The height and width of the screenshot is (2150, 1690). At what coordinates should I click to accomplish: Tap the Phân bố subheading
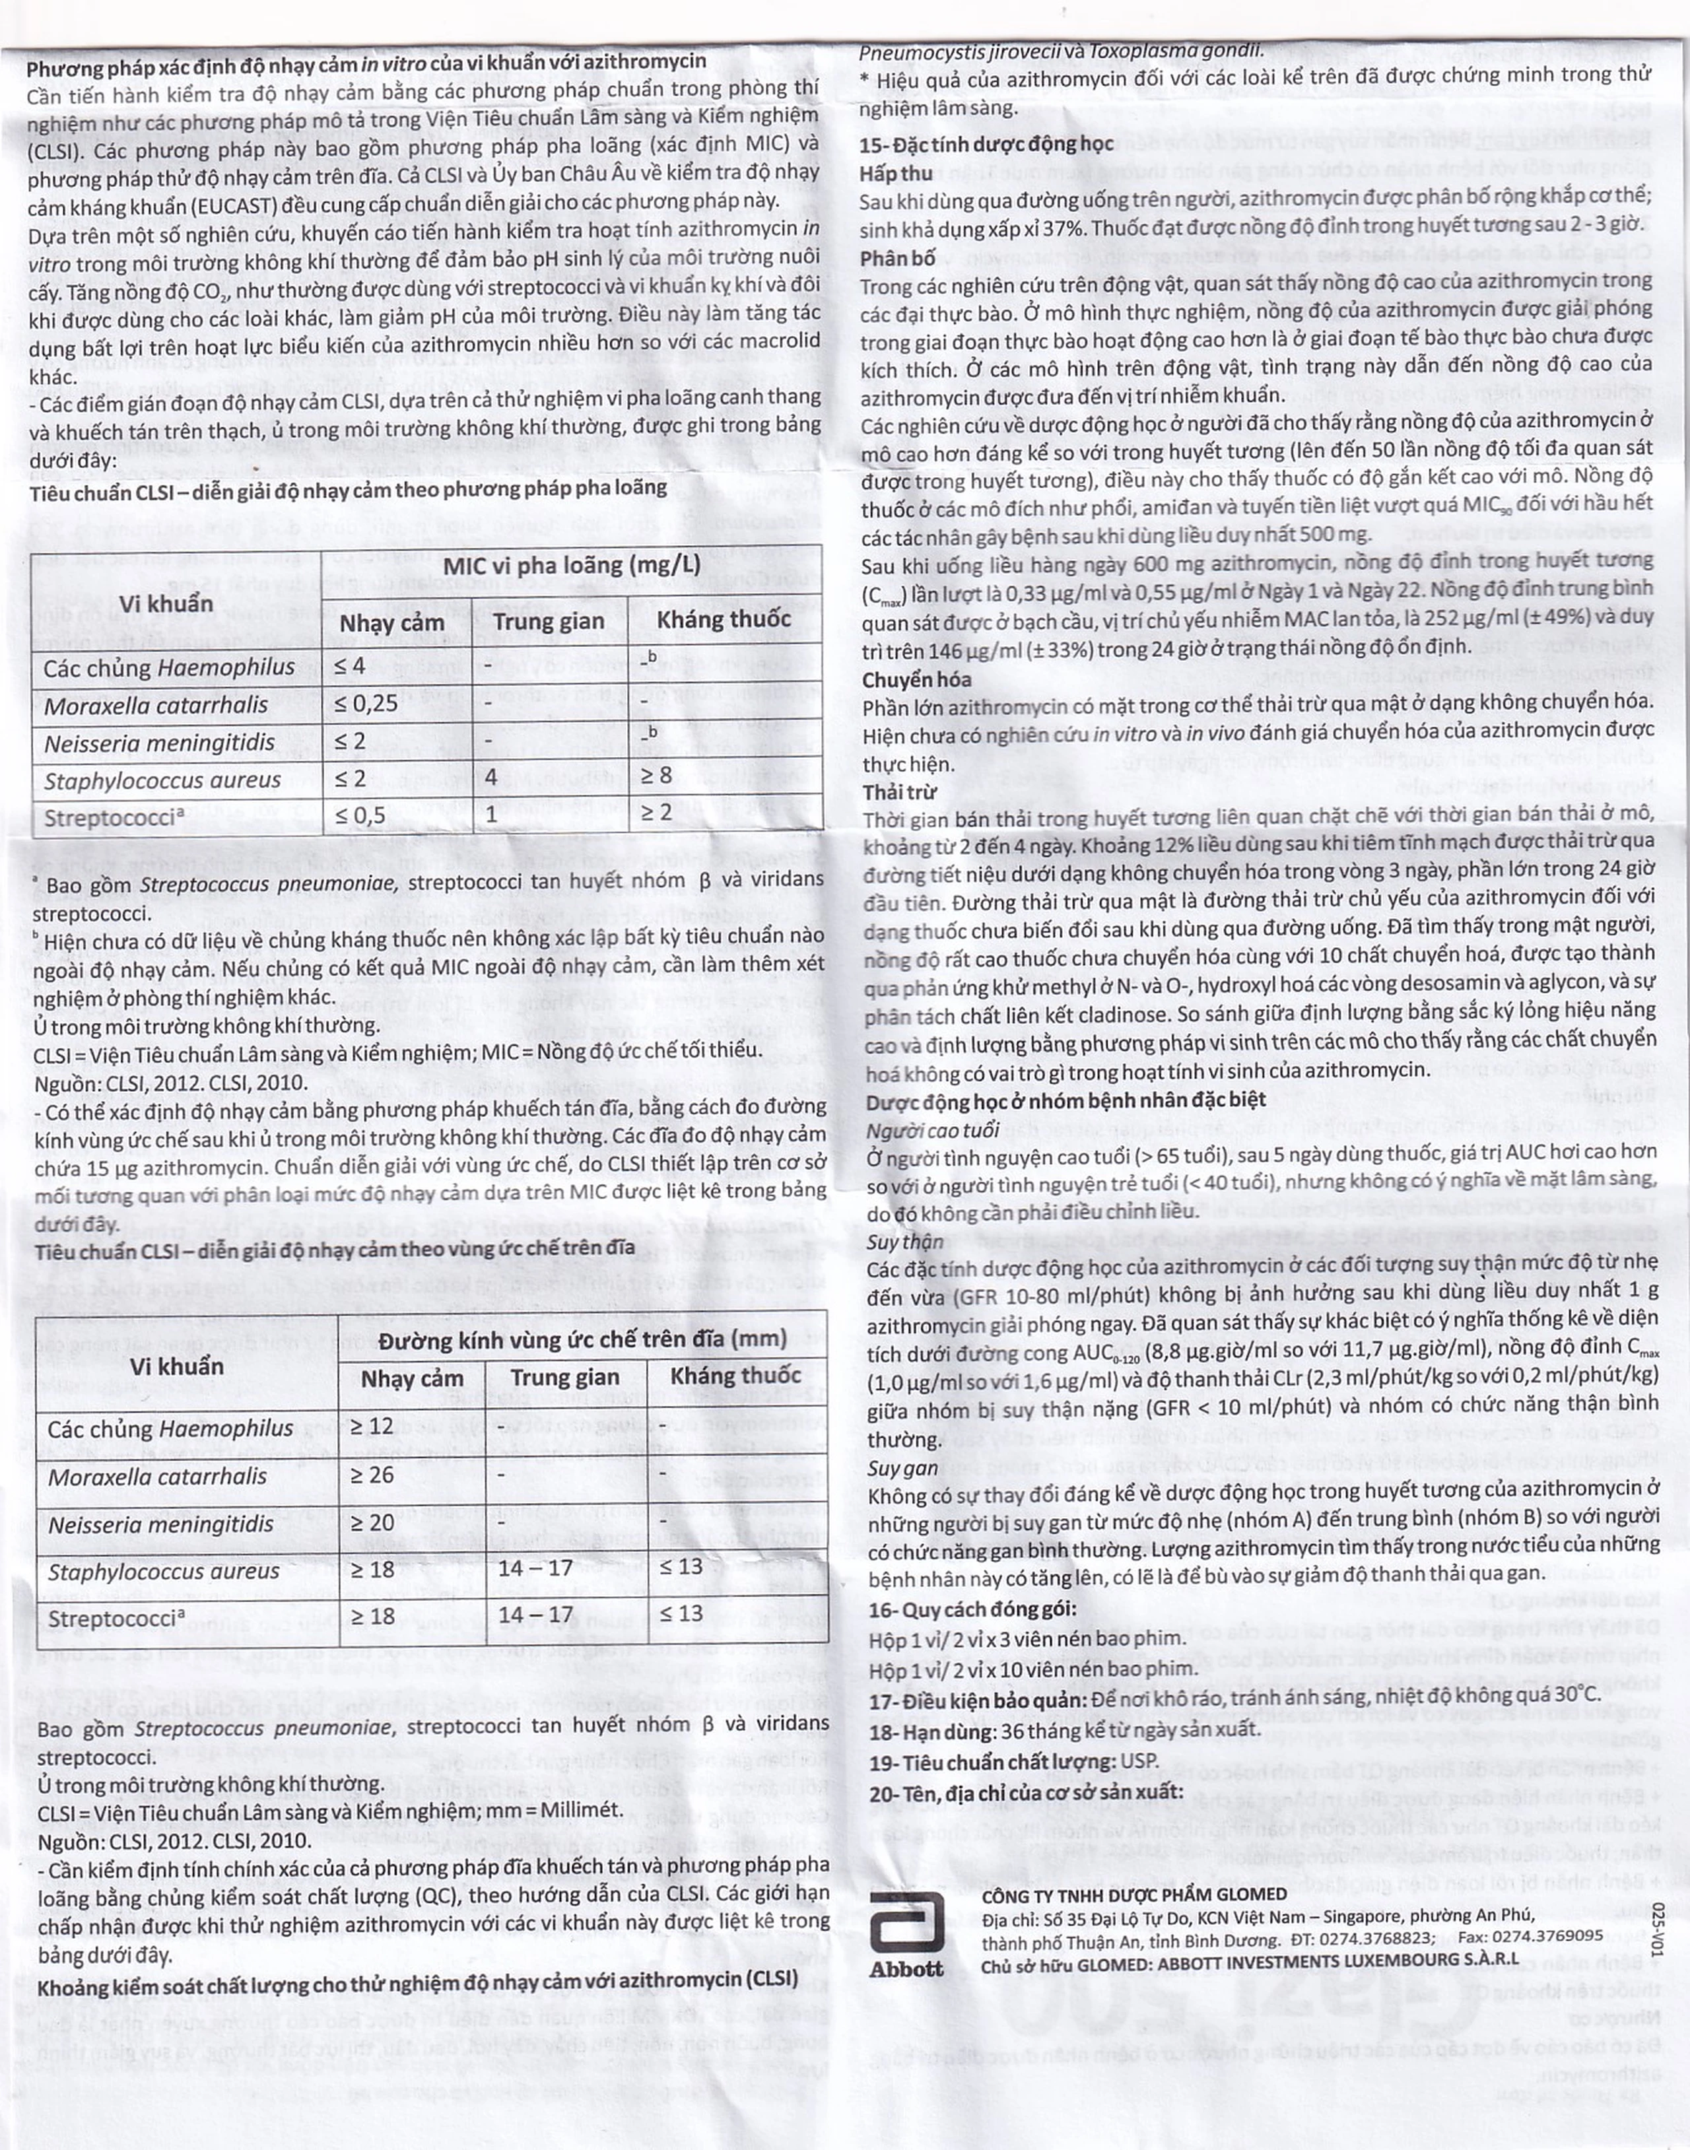coord(897,258)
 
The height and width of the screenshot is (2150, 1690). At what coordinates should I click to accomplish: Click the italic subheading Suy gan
coord(902,1467)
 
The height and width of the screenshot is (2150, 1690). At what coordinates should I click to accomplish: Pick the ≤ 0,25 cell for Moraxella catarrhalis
coord(366,704)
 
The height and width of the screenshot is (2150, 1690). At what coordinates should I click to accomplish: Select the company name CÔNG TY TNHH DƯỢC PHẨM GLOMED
coord(1134,1894)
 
